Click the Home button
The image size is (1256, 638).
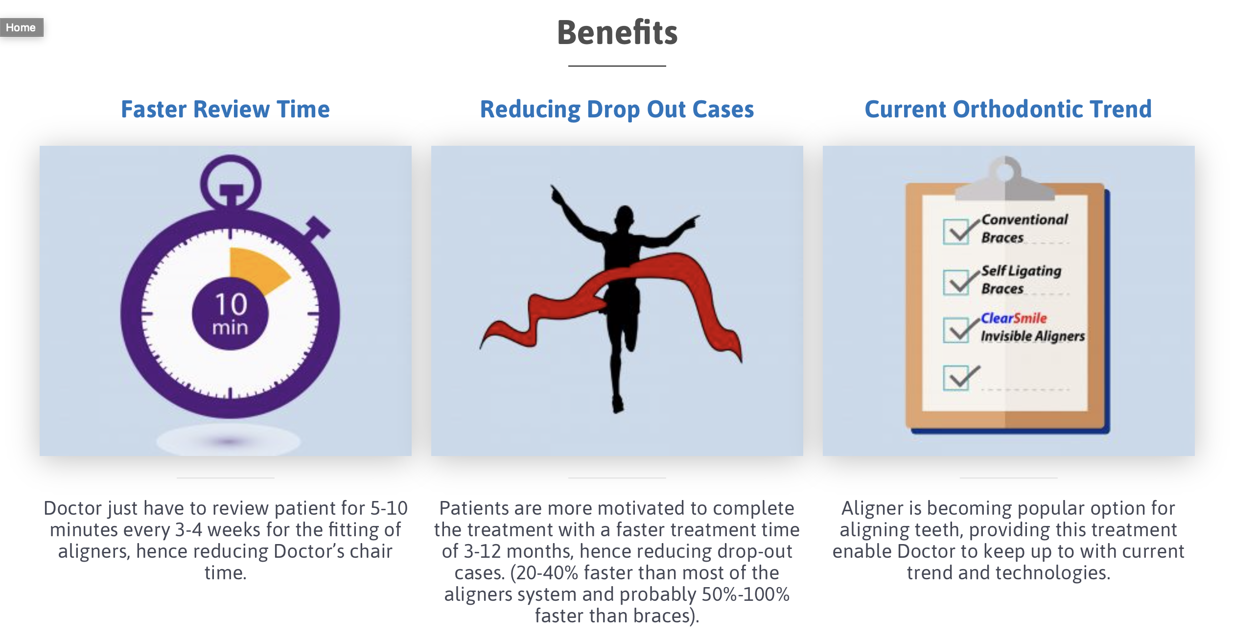click(21, 27)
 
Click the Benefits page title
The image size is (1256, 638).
click(617, 32)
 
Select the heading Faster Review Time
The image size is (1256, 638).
click(225, 109)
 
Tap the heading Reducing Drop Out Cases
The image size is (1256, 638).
click(617, 109)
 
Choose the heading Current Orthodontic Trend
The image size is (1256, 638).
click(1008, 109)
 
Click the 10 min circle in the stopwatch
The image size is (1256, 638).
click(230, 314)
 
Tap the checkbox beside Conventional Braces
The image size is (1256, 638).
click(956, 232)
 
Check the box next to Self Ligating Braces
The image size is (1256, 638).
click(956, 282)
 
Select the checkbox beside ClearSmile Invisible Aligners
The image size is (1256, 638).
click(956, 330)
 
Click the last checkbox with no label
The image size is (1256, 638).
click(956, 378)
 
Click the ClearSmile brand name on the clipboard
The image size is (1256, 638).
click(1014, 319)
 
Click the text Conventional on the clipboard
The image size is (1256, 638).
click(1024, 220)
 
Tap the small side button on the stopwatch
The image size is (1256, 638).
click(317, 228)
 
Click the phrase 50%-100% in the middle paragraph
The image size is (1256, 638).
click(745, 594)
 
